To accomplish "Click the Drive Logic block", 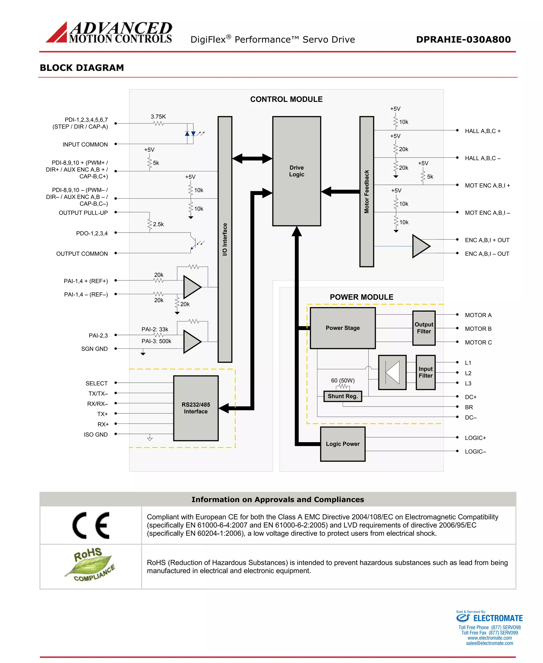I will click(x=296, y=171).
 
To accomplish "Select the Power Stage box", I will click(x=343, y=328).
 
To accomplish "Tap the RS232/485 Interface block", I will click(x=196, y=408).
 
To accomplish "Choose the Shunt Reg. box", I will click(x=343, y=396).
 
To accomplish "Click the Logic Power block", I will click(x=343, y=444).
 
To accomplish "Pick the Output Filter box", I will click(x=424, y=328).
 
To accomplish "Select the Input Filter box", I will click(x=425, y=372).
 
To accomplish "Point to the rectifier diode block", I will click(x=392, y=372).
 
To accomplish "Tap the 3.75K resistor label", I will click(x=158, y=117).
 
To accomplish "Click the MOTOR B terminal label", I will click(x=478, y=329).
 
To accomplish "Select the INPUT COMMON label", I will click(x=85, y=145).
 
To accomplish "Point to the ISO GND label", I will click(x=96, y=435).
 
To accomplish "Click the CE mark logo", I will click(x=91, y=525).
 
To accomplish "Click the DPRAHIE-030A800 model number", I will click(x=463, y=40).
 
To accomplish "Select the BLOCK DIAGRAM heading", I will click(x=82, y=68).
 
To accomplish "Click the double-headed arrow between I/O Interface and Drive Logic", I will click(x=252, y=158).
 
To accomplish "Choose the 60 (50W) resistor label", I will click(x=343, y=381).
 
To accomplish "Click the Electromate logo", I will click(x=489, y=618).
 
